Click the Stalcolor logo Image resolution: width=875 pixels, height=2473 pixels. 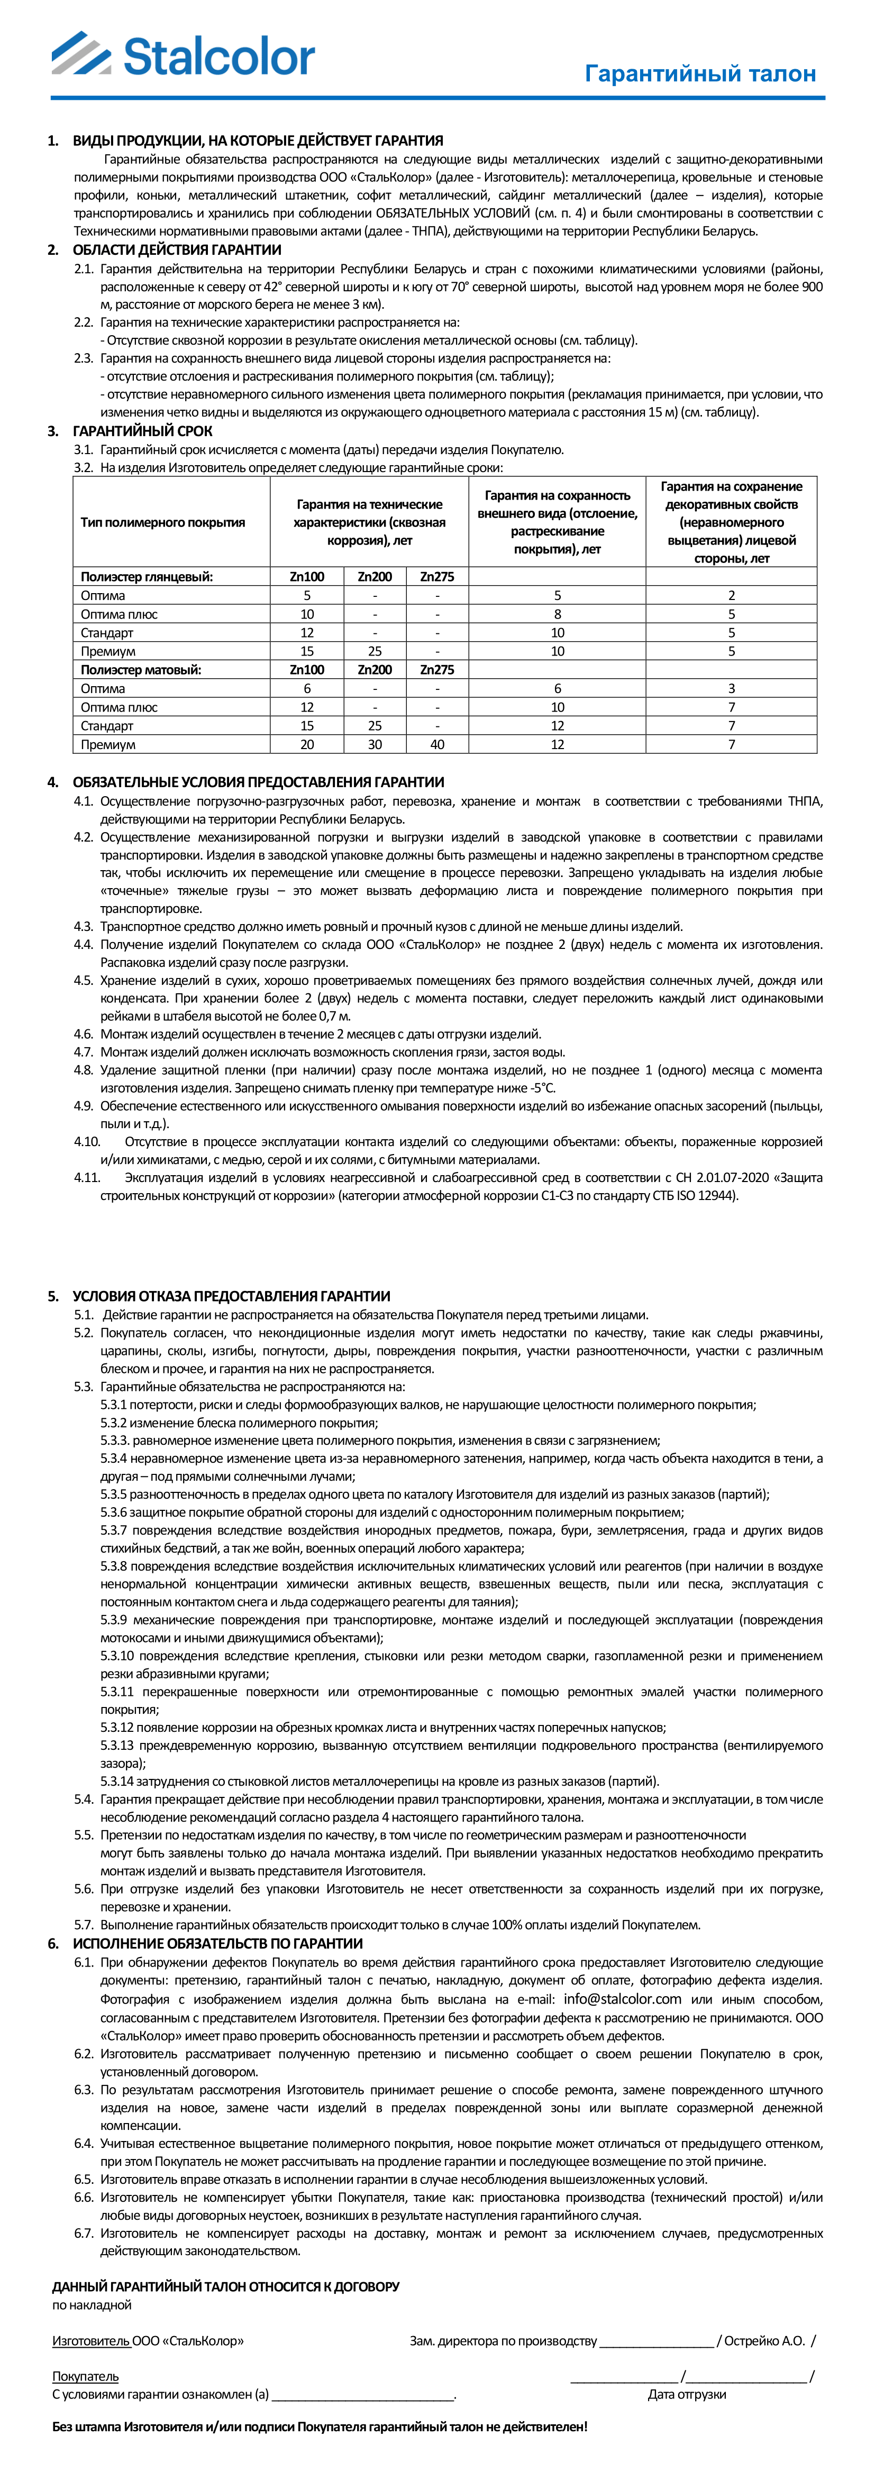click(x=183, y=55)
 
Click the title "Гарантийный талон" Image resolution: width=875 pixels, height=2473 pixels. click(x=700, y=74)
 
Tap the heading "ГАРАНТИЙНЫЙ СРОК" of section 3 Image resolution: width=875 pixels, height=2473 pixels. click(x=142, y=431)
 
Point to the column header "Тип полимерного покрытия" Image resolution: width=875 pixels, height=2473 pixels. click(x=162, y=522)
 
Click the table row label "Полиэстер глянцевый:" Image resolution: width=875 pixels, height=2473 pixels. click(x=146, y=577)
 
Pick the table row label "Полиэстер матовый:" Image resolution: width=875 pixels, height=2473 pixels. click(x=140, y=670)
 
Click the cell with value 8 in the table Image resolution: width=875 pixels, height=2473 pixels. click(x=557, y=614)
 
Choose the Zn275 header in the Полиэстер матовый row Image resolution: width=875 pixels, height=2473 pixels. click(x=437, y=670)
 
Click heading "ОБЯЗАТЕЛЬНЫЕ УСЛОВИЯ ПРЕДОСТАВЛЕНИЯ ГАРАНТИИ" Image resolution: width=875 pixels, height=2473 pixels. click(x=258, y=782)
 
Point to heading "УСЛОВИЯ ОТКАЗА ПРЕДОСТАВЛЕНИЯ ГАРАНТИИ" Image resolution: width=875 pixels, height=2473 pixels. click(x=232, y=1296)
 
